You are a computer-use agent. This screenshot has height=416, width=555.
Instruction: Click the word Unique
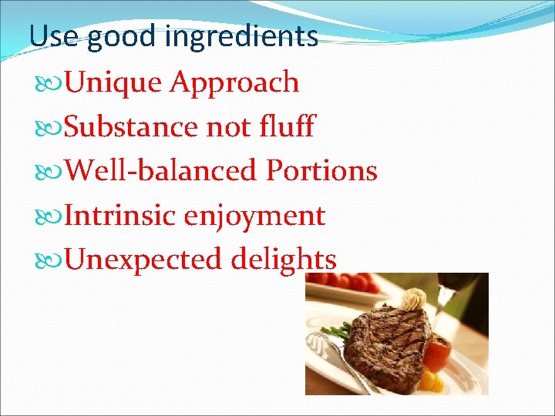(116, 82)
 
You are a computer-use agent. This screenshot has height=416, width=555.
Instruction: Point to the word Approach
(234, 83)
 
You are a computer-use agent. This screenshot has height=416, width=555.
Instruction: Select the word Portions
(321, 171)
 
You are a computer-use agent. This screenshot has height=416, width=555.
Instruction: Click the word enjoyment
(254, 216)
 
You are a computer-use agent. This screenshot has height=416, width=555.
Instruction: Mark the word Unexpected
(143, 260)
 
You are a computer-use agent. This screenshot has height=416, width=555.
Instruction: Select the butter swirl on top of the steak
(412, 299)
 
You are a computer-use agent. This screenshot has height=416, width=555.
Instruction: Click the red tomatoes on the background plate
(355, 282)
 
